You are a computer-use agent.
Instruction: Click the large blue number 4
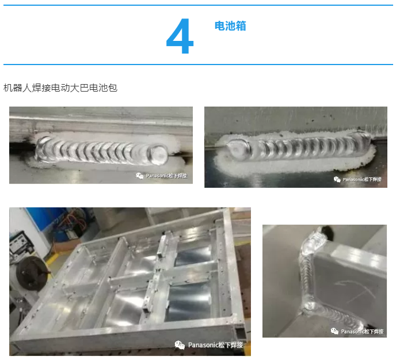[180, 36]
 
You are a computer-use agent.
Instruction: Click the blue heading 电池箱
[230, 26]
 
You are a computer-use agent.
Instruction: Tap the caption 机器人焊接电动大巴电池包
[60, 88]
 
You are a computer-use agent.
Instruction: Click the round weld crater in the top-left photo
[158, 153]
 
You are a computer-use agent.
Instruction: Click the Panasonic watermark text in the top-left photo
[166, 176]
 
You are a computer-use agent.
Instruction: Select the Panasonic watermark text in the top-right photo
[362, 180]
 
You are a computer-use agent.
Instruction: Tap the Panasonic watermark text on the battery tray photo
[215, 345]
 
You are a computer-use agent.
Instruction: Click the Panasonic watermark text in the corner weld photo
[362, 331]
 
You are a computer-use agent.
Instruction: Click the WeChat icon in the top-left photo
[140, 176]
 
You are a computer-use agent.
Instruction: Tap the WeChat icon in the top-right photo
[337, 179]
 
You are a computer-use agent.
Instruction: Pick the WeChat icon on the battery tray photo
[180, 345]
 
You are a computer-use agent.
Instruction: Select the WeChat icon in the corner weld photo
[334, 331]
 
